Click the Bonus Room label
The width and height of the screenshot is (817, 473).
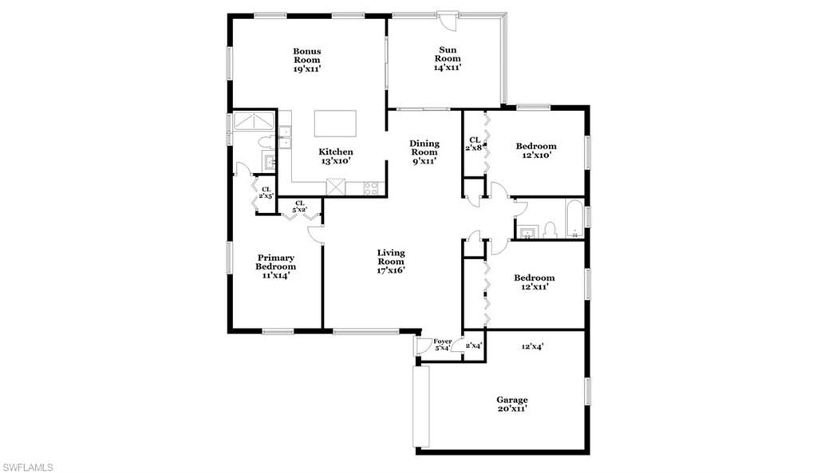(x=306, y=60)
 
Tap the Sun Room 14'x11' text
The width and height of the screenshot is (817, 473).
(x=448, y=59)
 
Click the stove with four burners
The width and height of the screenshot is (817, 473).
(x=371, y=188)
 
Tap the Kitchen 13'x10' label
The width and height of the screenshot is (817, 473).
(x=336, y=156)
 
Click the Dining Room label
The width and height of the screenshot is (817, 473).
(x=424, y=152)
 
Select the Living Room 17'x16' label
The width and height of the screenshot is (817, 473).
(x=391, y=261)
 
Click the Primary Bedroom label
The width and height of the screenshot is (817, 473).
(x=275, y=266)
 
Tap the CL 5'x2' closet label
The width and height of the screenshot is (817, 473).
(x=300, y=207)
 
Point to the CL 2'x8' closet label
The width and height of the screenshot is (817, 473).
(x=474, y=144)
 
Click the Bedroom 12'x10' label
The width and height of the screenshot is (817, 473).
(x=536, y=151)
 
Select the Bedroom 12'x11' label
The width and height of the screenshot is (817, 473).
(x=534, y=282)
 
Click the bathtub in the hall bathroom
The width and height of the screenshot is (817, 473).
(x=574, y=219)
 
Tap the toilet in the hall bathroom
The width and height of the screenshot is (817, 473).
(x=549, y=231)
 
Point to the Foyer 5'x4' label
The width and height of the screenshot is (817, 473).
(x=442, y=345)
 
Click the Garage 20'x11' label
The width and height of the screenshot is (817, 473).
(x=511, y=404)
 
